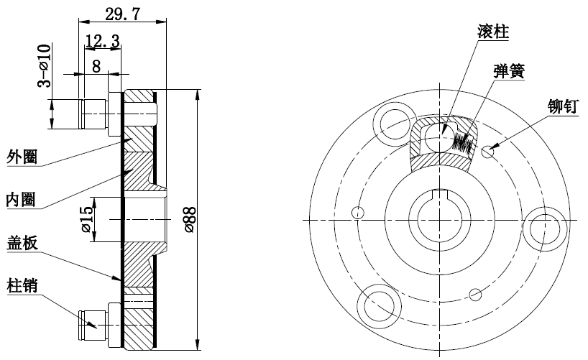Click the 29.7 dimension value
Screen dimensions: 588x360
(x=123, y=14)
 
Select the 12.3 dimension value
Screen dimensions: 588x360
(x=102, y=40)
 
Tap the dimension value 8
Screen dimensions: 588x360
(x=96, y=66)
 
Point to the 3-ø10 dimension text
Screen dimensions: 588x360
(x=45, y=65)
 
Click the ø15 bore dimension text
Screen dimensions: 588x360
(x=87, y=219)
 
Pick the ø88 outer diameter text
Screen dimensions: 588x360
(x=190, y=220)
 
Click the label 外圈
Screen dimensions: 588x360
(x=22, y=157)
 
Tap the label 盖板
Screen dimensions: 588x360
(x=22, y=243)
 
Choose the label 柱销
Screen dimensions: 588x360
(x=22, y=286)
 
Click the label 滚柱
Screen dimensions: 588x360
(x=494, y=32)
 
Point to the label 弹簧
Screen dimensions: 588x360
(x=509, y=71)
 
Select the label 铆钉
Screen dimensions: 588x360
(x=564, y=106)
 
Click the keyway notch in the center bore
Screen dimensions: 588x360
(x=439, y=194)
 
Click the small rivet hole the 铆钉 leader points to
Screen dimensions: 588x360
(x=487, y=152)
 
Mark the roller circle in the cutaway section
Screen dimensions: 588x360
(x=439, y=138)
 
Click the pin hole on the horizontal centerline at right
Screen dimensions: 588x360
(x=545, y=229)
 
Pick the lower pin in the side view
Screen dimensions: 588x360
(x=100, y=325)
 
